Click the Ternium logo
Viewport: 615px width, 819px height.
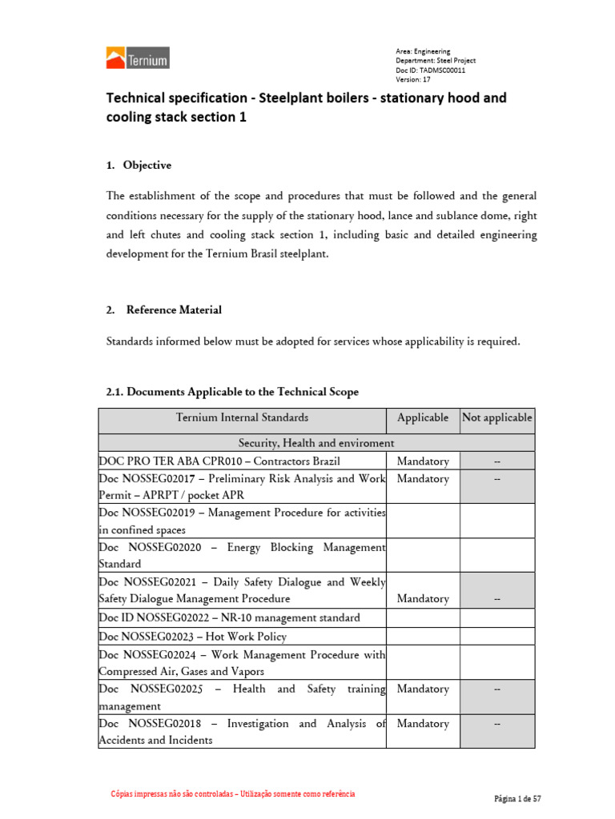click(x=138, y=58)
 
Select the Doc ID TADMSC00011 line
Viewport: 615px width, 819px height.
click(x=431, y=70)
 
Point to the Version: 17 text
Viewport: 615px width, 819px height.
click(x=413, y=80)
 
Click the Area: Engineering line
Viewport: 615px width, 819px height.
click(x=423, y=51)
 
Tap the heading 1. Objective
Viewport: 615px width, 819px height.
click(x=139, y=166)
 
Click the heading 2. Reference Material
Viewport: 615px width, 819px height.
click(x=164, y=310)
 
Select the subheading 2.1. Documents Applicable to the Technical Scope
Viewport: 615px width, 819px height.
click(x=233, y=392)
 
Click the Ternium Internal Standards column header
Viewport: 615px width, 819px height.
click(x=242, y=417)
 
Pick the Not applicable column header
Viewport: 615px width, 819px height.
click(x=496, y=417)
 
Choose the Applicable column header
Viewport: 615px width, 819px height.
click(x=423, y=417)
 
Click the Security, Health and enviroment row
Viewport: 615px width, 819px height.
click(x=316, y=442)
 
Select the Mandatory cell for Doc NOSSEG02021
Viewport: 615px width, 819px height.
click(x=423, y=598)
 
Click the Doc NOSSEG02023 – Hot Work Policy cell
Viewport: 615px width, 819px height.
click(x=192, y=637)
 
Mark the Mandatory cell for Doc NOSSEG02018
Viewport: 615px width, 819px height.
click(x=423, y=723)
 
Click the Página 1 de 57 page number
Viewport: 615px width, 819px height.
click(x=519, y=799)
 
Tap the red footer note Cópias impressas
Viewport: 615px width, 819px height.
click(x=232, y=794)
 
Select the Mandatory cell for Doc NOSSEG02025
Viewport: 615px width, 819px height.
click(x=423, y=689)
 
